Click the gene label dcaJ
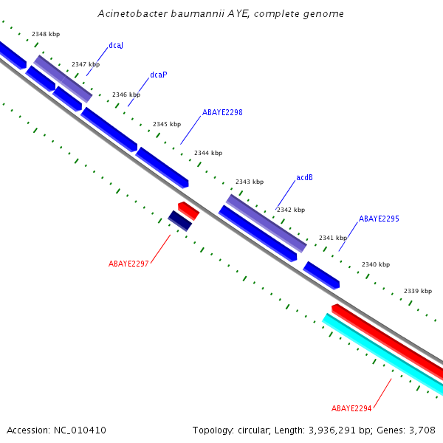[x=115, y=46]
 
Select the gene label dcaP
[x=158, y=75]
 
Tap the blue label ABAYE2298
[x=222, y=113]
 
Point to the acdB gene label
[x=304, y=178]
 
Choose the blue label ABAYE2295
[x=379, y=219]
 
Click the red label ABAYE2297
[x=128, y=264]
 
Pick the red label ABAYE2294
[x=351, y=408]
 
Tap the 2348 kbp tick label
[x=46, y=35]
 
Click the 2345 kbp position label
[x=167, y=124]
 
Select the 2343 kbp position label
[x=250, y=182]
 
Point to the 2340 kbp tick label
[x=376, y=264]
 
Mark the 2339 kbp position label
[x=418, y=291]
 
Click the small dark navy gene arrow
[x=180, y=221]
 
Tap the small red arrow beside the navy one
[x=188, y=210]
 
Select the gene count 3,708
[x=421, y=430]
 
